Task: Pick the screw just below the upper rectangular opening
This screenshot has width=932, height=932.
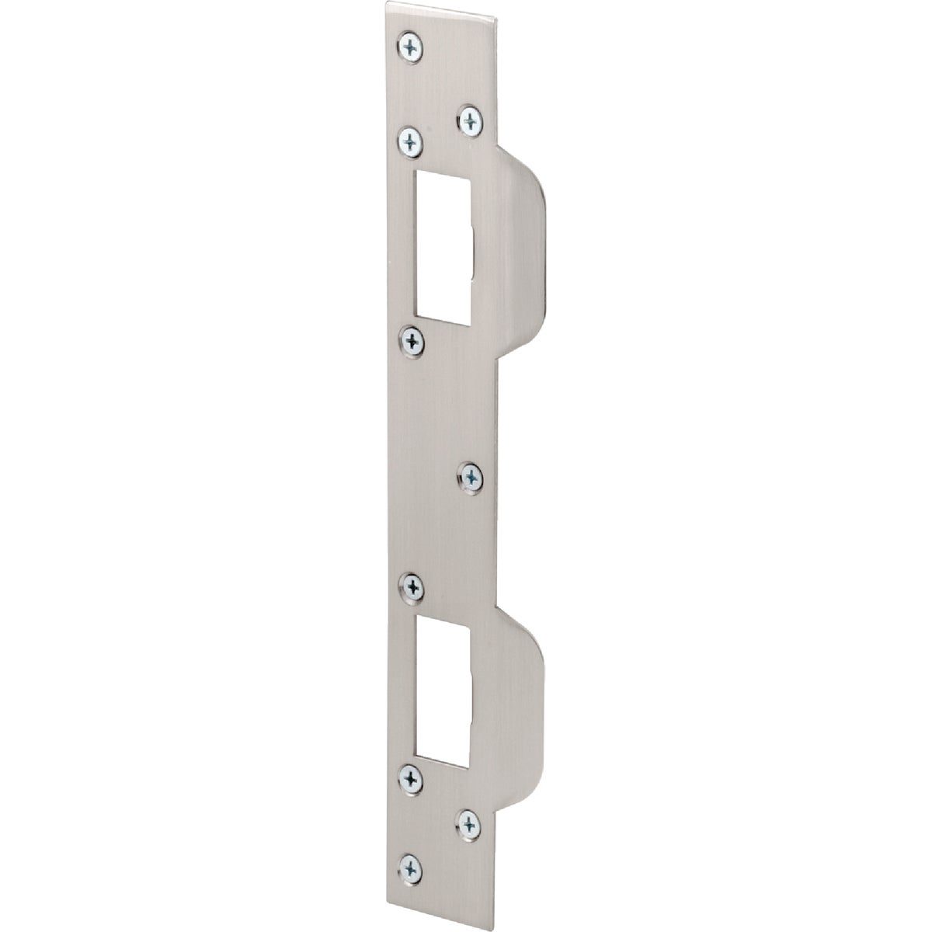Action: coord(412,339)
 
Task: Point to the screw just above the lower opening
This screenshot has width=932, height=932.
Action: coord(412,585)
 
